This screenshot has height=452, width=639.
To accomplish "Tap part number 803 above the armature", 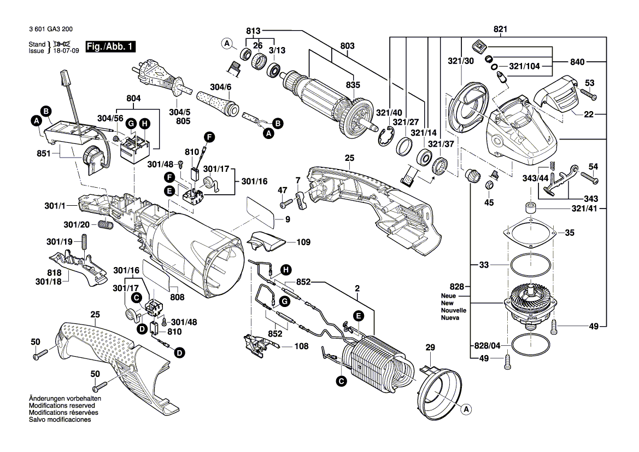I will point(348,45).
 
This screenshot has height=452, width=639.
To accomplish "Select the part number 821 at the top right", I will point(500,29).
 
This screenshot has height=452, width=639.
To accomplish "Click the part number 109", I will point(303,241).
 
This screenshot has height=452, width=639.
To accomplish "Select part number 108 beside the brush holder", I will point(301,346).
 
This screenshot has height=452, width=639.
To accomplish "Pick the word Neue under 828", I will point(448,296).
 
